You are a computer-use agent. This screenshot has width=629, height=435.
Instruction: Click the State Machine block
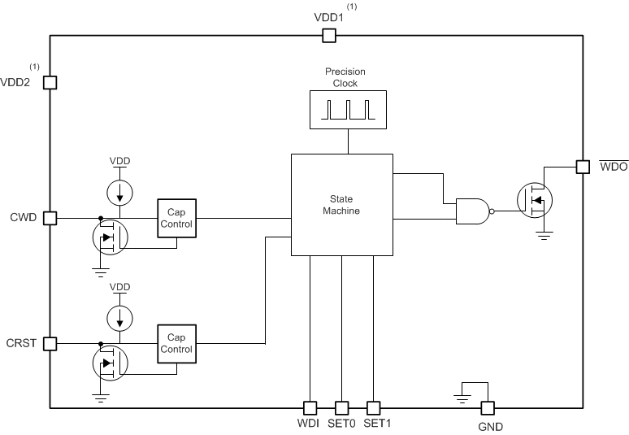pos(342,204)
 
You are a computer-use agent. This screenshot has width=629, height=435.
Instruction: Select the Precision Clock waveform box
pos(348,110)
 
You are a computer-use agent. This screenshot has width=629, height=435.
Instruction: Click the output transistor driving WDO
pos(535,198)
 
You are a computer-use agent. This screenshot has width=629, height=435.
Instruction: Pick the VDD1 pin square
pos(329,35)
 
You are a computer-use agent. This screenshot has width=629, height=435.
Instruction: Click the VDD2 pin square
pos(50,82)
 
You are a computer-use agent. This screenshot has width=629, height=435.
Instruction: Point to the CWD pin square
pos(50,218)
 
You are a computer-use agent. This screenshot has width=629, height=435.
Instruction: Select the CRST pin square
pos(50,343)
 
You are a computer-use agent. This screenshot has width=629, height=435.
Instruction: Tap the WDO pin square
pos(582,167)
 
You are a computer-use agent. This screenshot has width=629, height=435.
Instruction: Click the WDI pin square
pos(310,407)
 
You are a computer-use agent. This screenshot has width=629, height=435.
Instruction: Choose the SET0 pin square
pos(341,407)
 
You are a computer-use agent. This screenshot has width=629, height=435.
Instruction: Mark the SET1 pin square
pos(373,407)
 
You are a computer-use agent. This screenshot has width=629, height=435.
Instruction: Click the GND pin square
pos(488,407)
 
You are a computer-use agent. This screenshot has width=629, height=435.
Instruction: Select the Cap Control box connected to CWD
pos(176,218)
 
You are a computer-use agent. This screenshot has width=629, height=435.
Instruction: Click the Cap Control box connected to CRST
pos(176,343)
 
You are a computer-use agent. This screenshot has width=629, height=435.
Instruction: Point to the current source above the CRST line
pos(120,318)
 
